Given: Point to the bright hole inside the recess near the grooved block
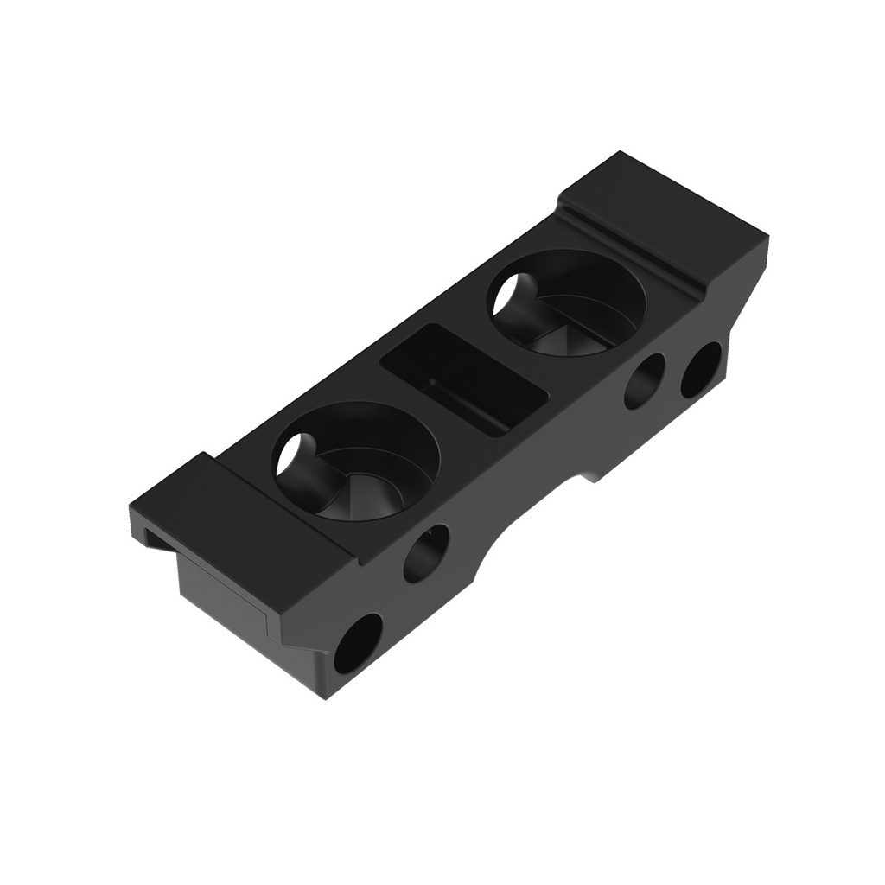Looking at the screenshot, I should coord(510,294).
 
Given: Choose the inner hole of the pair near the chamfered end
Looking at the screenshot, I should coord(644,381).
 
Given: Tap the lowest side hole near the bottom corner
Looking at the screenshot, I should coord(358,643).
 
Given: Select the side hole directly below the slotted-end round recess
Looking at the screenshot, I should coord(426,552).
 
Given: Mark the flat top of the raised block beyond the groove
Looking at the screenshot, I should coord(665,207).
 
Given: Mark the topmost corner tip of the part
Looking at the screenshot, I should coord(619,153).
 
